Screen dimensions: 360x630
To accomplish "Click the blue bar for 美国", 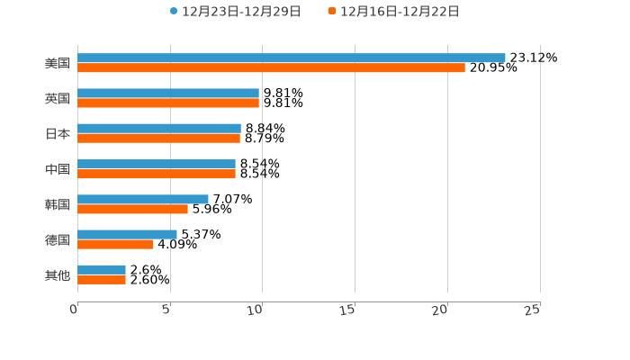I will click(x=292, y=58).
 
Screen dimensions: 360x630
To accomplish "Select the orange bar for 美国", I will click(x=271, y=67).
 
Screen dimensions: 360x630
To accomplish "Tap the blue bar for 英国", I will click(x=168, y=93).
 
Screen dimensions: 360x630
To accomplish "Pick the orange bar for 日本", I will click(x=158, y=139).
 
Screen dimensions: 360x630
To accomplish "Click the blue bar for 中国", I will click(x=157, y=164).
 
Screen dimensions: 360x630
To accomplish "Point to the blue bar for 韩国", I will click(x=143, y=199).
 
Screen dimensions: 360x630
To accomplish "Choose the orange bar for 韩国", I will click(x=132, y=209).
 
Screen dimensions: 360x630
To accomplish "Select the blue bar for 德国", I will click(x=127, y=234).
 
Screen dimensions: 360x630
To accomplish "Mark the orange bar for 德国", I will click(x=115, y=244).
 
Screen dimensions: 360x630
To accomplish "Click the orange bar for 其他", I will click(x=102, y=280).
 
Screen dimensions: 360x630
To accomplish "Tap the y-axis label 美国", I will click(x=58, y=63).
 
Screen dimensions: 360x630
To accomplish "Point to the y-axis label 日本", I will click(x=58, y=133).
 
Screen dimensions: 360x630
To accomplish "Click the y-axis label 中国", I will click(x=58, y=169).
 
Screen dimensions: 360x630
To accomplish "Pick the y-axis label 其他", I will click(x=58, y=274).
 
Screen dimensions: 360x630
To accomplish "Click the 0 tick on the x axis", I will click(x=75, y=310).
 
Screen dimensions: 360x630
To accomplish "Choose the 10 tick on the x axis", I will click(x=256, y=310).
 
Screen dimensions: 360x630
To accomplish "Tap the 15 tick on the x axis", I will click(x=348, y=310).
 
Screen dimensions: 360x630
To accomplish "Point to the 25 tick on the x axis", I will click(x=533, y=310).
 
